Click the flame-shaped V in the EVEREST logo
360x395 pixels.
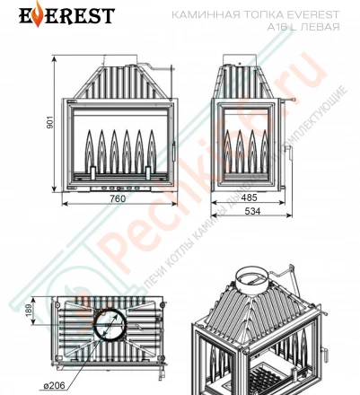coord(24,15)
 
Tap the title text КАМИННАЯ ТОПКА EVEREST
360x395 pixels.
coord(279,15)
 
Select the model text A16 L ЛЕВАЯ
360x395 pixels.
coord(304,27)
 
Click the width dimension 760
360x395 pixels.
coord(126,198)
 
